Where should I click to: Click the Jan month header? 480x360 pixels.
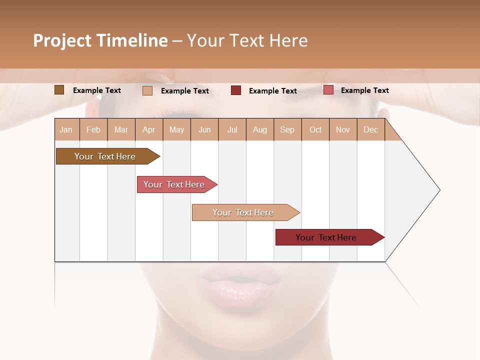coord(66,129)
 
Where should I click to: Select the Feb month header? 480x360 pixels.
coord(93,129)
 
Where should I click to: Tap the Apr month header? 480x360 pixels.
coord(149,129)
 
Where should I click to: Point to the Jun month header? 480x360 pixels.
coord(204,129)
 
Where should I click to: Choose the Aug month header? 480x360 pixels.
coord(260,129)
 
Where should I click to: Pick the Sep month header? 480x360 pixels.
coord(287,129)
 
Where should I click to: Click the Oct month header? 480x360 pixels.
coord(315,129)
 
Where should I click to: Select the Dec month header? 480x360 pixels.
coord(371,129)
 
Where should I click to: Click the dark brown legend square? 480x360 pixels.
coord(59,90)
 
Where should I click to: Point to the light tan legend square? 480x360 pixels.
coord(147,90)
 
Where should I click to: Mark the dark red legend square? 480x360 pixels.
coord(236,90)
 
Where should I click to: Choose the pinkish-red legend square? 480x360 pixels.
coord(328,90)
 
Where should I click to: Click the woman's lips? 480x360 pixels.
coord(241,283)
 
